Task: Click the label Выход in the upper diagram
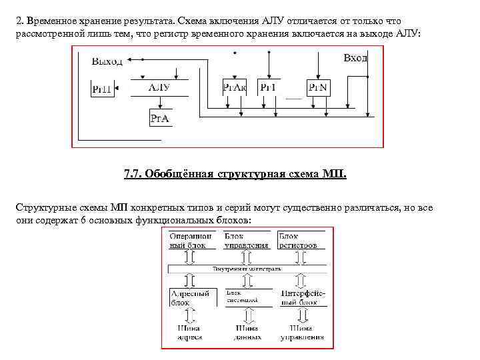107,61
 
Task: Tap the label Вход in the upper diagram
355,59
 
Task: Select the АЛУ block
159,87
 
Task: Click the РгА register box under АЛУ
159,119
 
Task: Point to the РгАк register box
235,87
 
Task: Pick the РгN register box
318,87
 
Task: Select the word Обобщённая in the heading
178,175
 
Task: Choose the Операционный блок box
191,240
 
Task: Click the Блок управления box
247,240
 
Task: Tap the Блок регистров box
301,240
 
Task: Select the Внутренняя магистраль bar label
247,269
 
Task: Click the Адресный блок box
191,297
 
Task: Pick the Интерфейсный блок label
302,297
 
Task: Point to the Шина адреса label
190,333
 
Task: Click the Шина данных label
247,333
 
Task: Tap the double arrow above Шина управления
301,315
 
